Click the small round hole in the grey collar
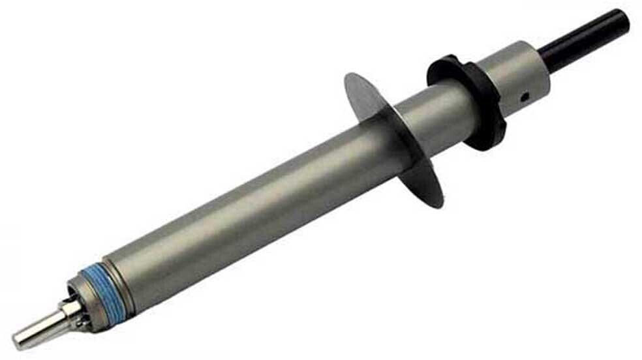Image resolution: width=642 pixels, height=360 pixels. (523, 98)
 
